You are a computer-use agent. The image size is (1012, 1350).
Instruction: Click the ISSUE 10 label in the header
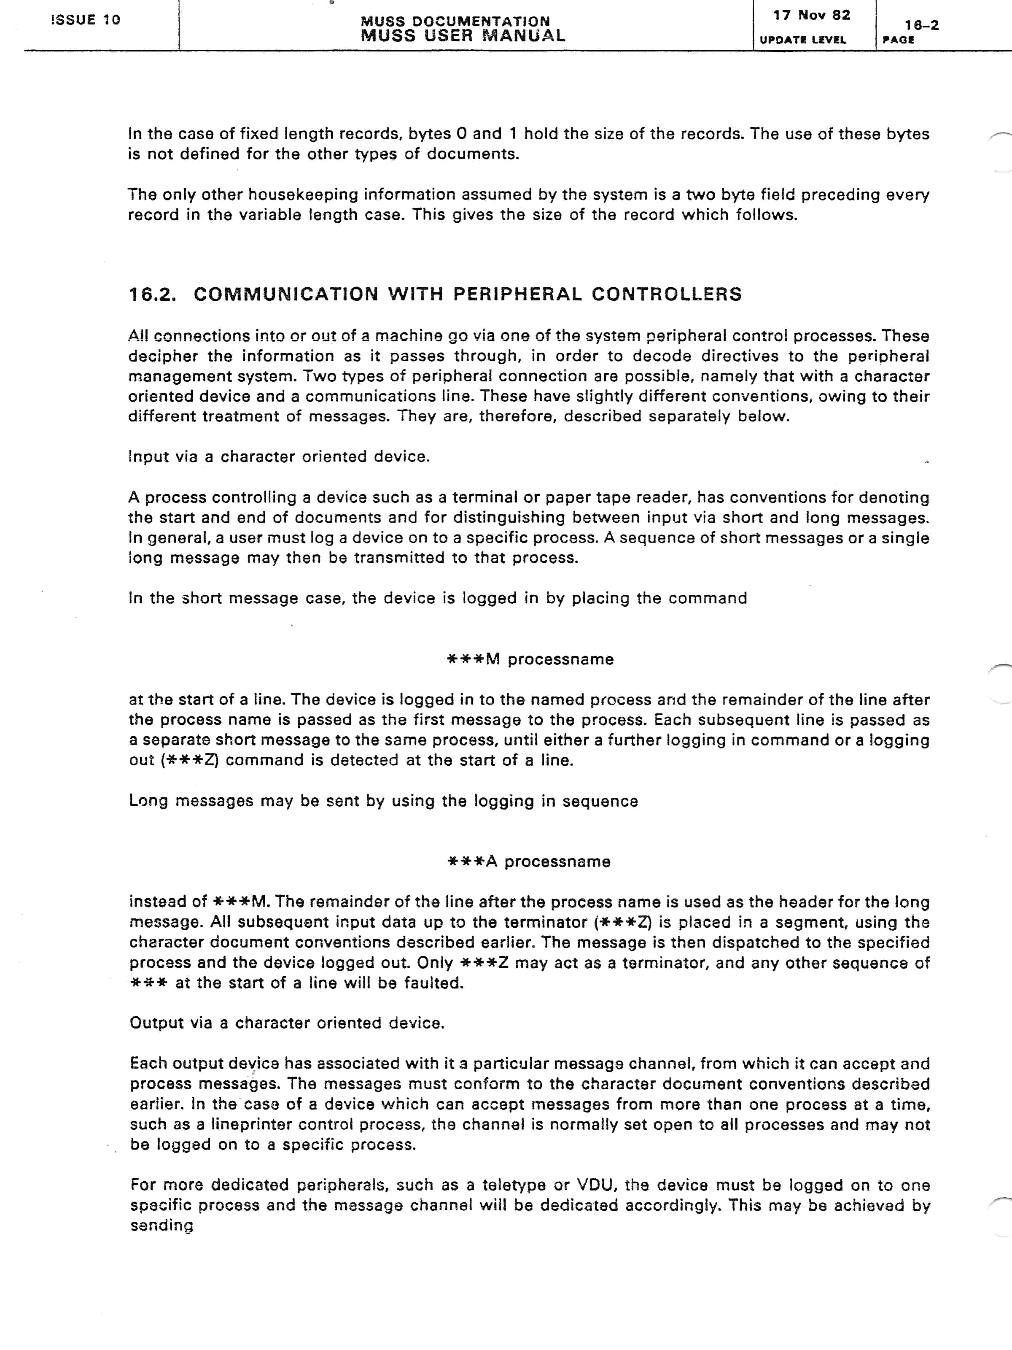click(86, 19)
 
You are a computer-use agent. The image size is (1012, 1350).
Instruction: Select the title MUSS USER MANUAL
click(463, 35)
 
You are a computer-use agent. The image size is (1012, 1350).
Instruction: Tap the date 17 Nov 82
click(811, 15)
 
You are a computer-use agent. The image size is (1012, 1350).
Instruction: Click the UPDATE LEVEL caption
click(803, 40)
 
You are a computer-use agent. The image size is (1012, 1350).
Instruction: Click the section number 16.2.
click(153, 294)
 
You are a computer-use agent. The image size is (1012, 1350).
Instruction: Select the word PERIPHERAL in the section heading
click(517, 294)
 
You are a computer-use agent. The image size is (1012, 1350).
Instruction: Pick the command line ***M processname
click(530, 659)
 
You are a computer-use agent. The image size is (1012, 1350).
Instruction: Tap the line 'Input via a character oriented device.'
click(279, 456)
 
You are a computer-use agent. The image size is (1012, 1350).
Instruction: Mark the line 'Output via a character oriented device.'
click(287, 1023)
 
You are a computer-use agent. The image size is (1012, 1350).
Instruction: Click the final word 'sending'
click(161, 1226)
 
